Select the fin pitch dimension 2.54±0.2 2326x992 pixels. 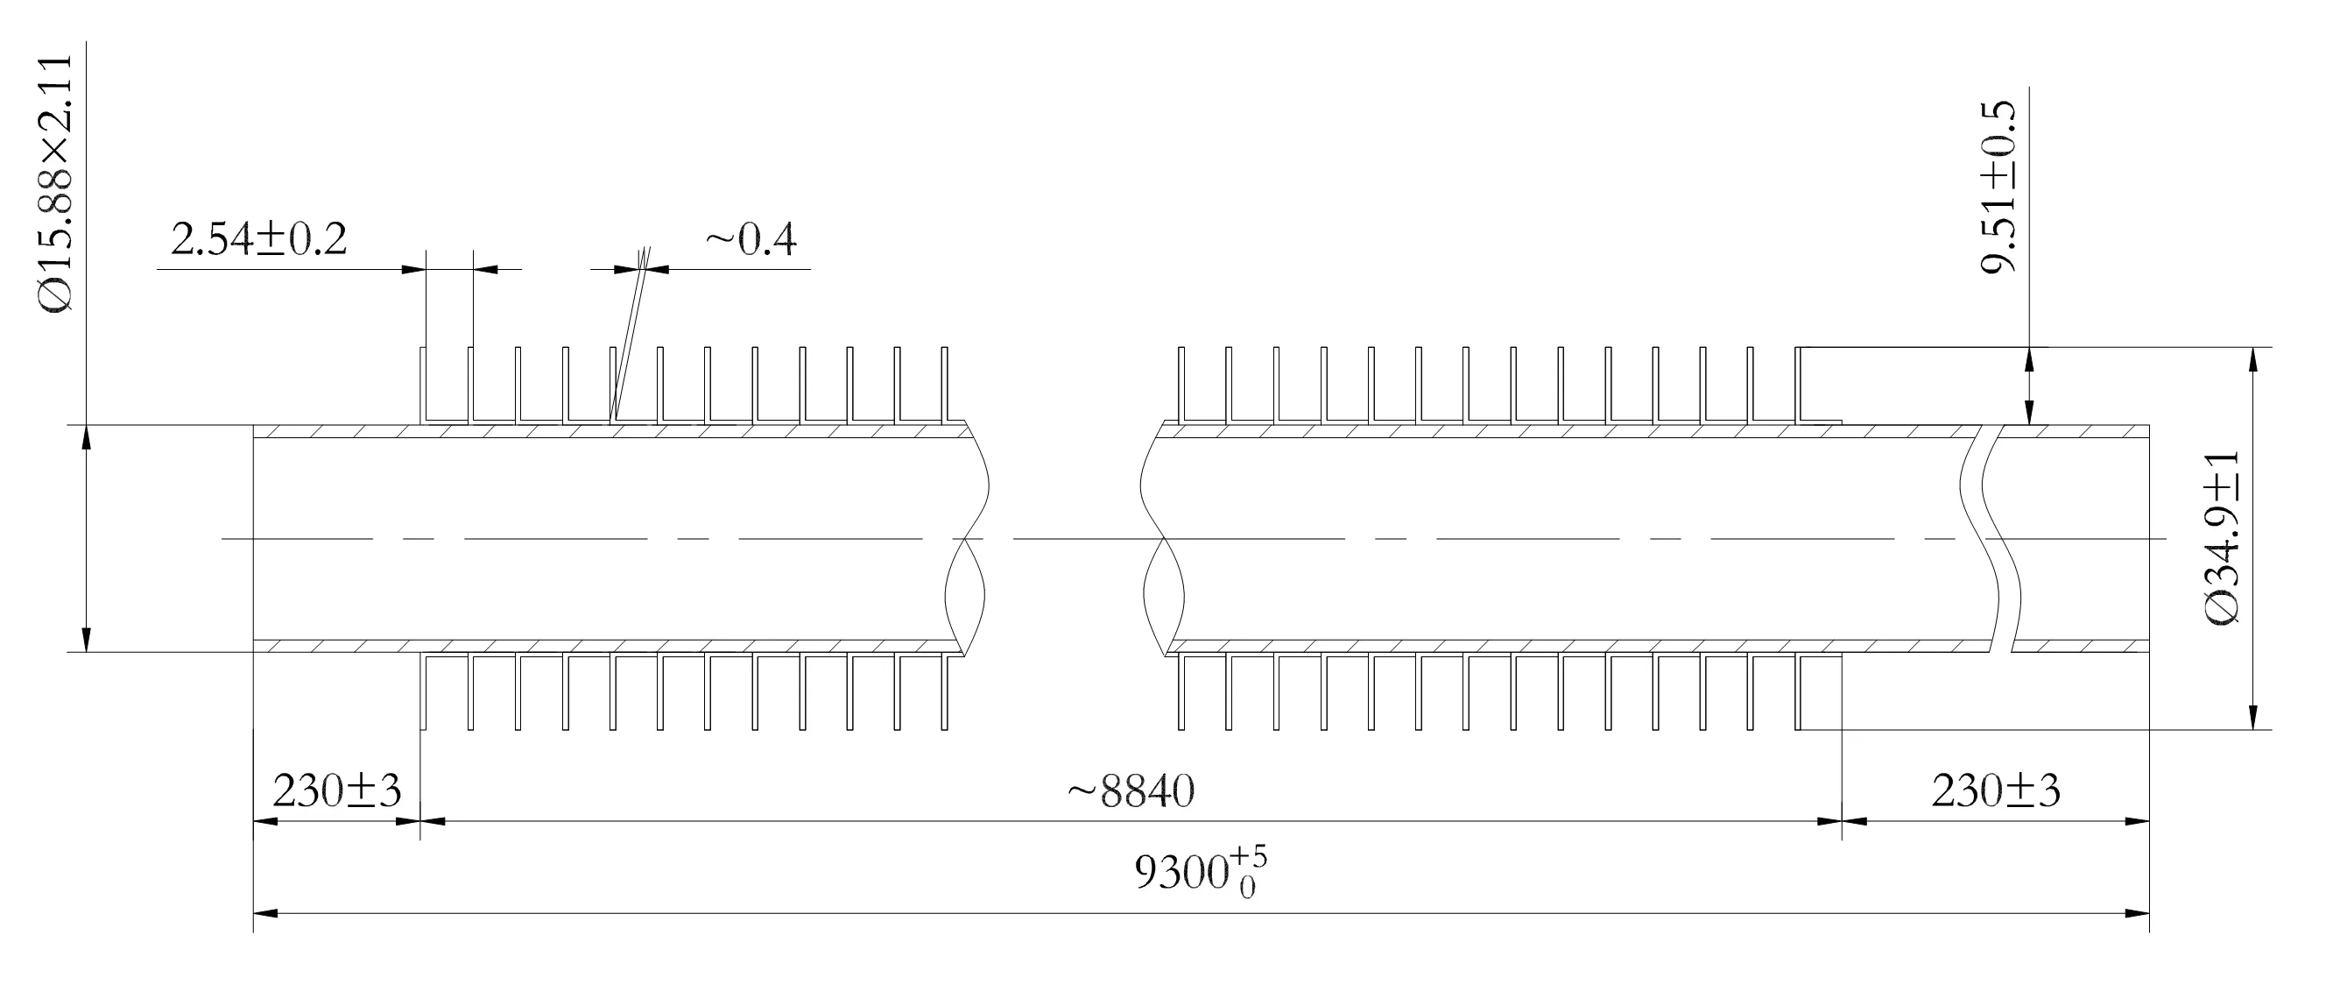pyautogui.click(x=259, y=240)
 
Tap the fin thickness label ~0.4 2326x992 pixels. pyautogui.click(x=751, y=240)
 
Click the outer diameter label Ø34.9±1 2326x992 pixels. pyautogui.click(x=2223, y=537)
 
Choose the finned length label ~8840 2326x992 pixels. pyautogui.click(x=1131, y=791)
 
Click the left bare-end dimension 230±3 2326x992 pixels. pyautogui.click(x=337, y=791)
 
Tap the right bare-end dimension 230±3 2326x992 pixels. pyautogui.click(x=1997, y=791)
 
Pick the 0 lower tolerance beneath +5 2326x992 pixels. pyautogui.click(x=1247, y=889)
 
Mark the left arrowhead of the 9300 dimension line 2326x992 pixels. pyautogui.click(x=265, y=913)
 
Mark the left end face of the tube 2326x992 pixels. pyautogui.click(x=254, y=538)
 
